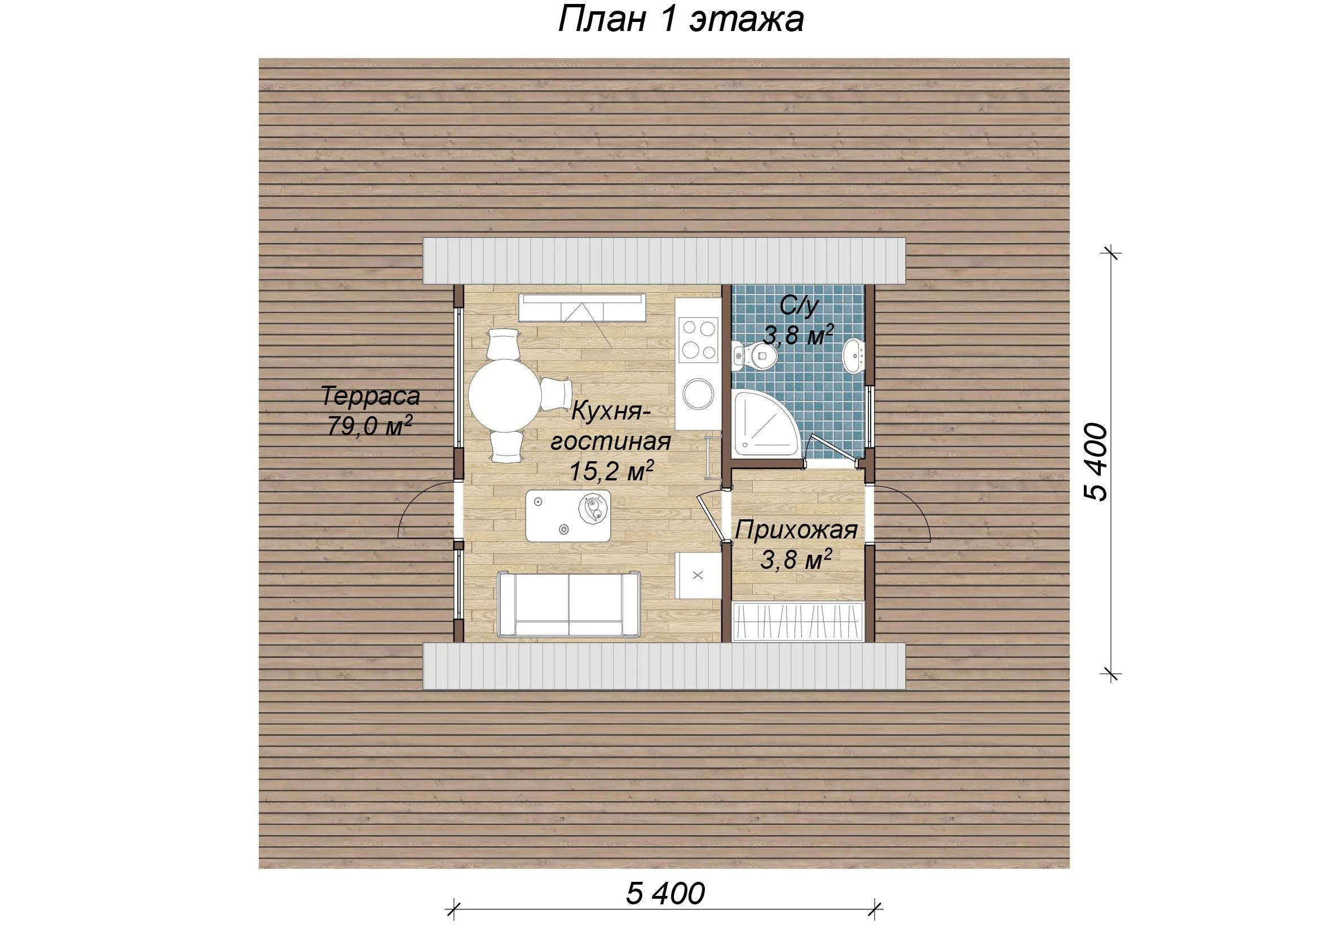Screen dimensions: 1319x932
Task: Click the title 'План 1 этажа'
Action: (681, 21)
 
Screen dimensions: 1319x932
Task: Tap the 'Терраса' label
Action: (370, 396)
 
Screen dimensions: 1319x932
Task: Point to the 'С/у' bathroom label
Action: (799, 308)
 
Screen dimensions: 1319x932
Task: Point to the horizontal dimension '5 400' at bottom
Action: (665, 894)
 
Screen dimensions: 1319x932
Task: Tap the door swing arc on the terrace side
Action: (418, 504)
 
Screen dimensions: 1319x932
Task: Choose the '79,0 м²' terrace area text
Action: (370, 426)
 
